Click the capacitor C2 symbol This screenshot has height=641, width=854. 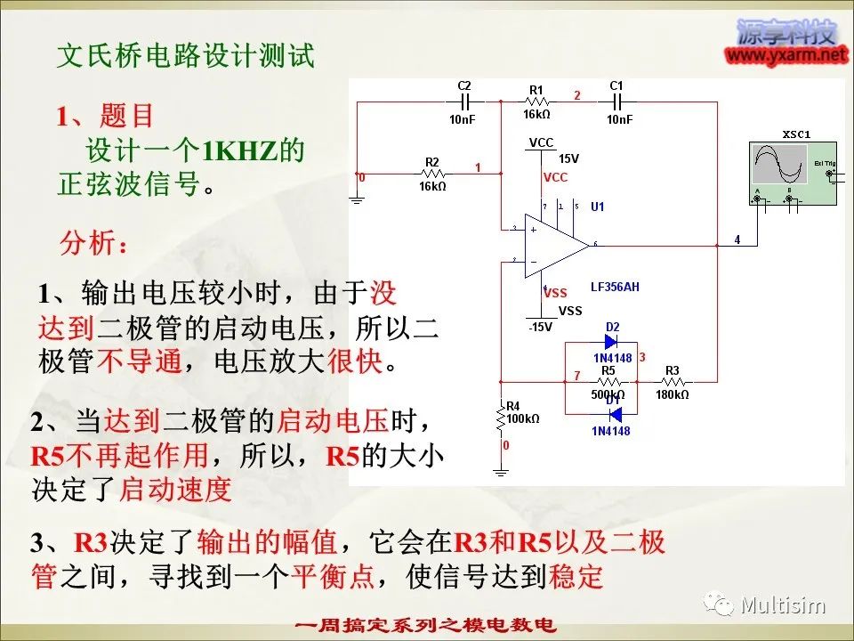click(x=464, y=102)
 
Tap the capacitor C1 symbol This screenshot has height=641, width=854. click(x=617, y=102)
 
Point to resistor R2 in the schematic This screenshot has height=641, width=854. click(x=432, y=174)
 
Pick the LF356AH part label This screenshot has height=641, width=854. click(x=615, y=288)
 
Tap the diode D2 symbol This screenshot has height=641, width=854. click(x=611, y=341)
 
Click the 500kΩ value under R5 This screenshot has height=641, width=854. click(x=608, y=394)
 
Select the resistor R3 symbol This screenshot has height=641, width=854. click(x=673, y=382)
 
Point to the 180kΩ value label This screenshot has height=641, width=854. click(x=673, y=394)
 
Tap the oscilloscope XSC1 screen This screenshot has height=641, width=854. click(x=777, y=165)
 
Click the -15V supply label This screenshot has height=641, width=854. click(x=540, y=327)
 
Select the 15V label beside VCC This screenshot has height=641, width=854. click(x=568, y=158)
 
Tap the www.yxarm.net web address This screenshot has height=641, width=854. click(x=786, y=55)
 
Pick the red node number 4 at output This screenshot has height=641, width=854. click(x=737, y=239)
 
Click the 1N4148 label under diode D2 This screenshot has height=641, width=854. click(x=611, y=358)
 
